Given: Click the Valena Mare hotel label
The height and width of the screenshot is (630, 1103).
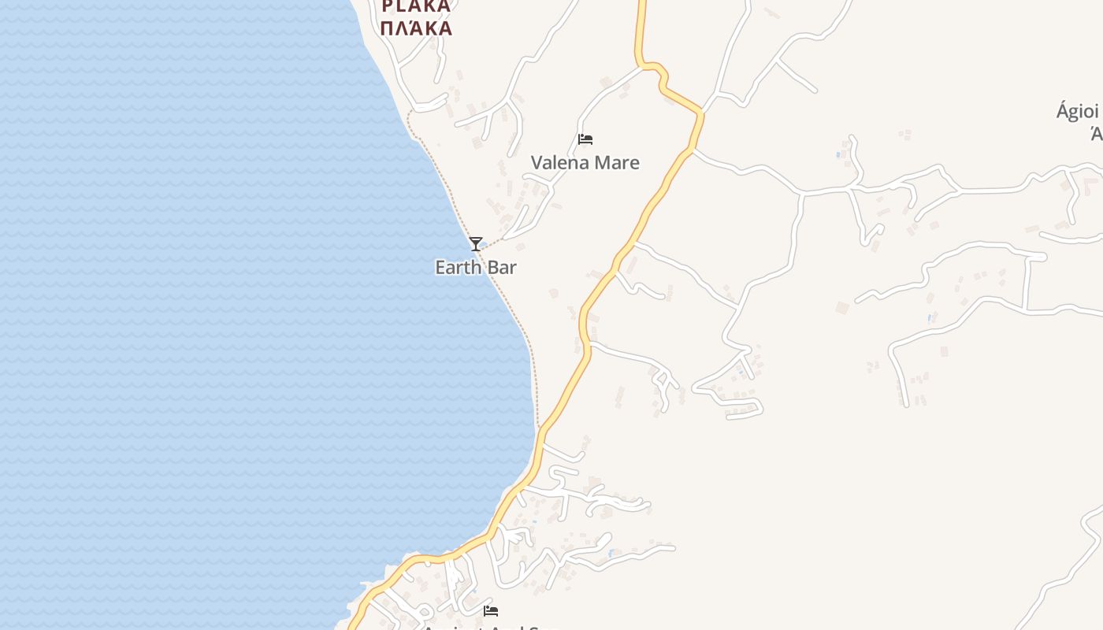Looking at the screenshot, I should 585,163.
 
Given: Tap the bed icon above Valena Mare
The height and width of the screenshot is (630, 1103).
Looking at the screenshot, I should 585,139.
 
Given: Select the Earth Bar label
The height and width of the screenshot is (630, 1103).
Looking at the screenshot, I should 476,268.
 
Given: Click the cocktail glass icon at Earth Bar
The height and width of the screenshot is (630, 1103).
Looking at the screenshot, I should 475,244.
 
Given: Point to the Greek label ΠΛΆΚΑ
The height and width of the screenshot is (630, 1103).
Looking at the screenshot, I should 416,28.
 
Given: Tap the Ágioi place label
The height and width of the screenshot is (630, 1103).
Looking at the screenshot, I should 1077,111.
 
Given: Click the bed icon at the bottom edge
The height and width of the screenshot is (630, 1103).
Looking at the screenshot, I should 491,610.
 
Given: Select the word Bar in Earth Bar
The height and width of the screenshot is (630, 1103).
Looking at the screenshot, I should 501,268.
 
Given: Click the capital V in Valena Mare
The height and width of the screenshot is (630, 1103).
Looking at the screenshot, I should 537,163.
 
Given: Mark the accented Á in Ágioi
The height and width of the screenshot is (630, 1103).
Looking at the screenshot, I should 1061,111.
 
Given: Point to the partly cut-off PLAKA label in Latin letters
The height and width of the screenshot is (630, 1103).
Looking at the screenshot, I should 416,6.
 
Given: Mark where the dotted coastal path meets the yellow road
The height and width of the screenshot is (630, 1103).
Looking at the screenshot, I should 540,429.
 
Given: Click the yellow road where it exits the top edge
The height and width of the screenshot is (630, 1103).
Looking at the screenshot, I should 642,3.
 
